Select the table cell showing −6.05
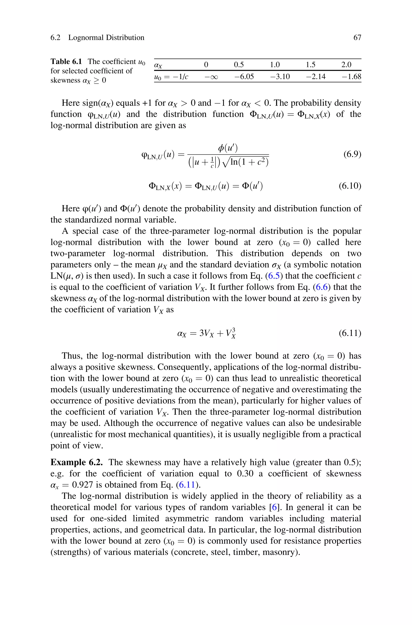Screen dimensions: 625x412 point(244,76)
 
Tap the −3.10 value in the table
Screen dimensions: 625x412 point(280,76)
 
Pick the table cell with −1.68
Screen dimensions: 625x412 point(352,76)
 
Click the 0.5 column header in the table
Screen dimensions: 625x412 point(239,65)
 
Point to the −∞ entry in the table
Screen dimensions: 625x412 point(211,77)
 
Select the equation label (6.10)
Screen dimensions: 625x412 point(350,186)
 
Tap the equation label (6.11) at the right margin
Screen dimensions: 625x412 point(350,333)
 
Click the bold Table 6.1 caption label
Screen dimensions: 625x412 point(66,62)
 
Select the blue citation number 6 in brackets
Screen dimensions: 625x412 point(274,507)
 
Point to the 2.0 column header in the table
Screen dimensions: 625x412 point(346,65)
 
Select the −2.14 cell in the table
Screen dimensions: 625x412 point(316,76)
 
